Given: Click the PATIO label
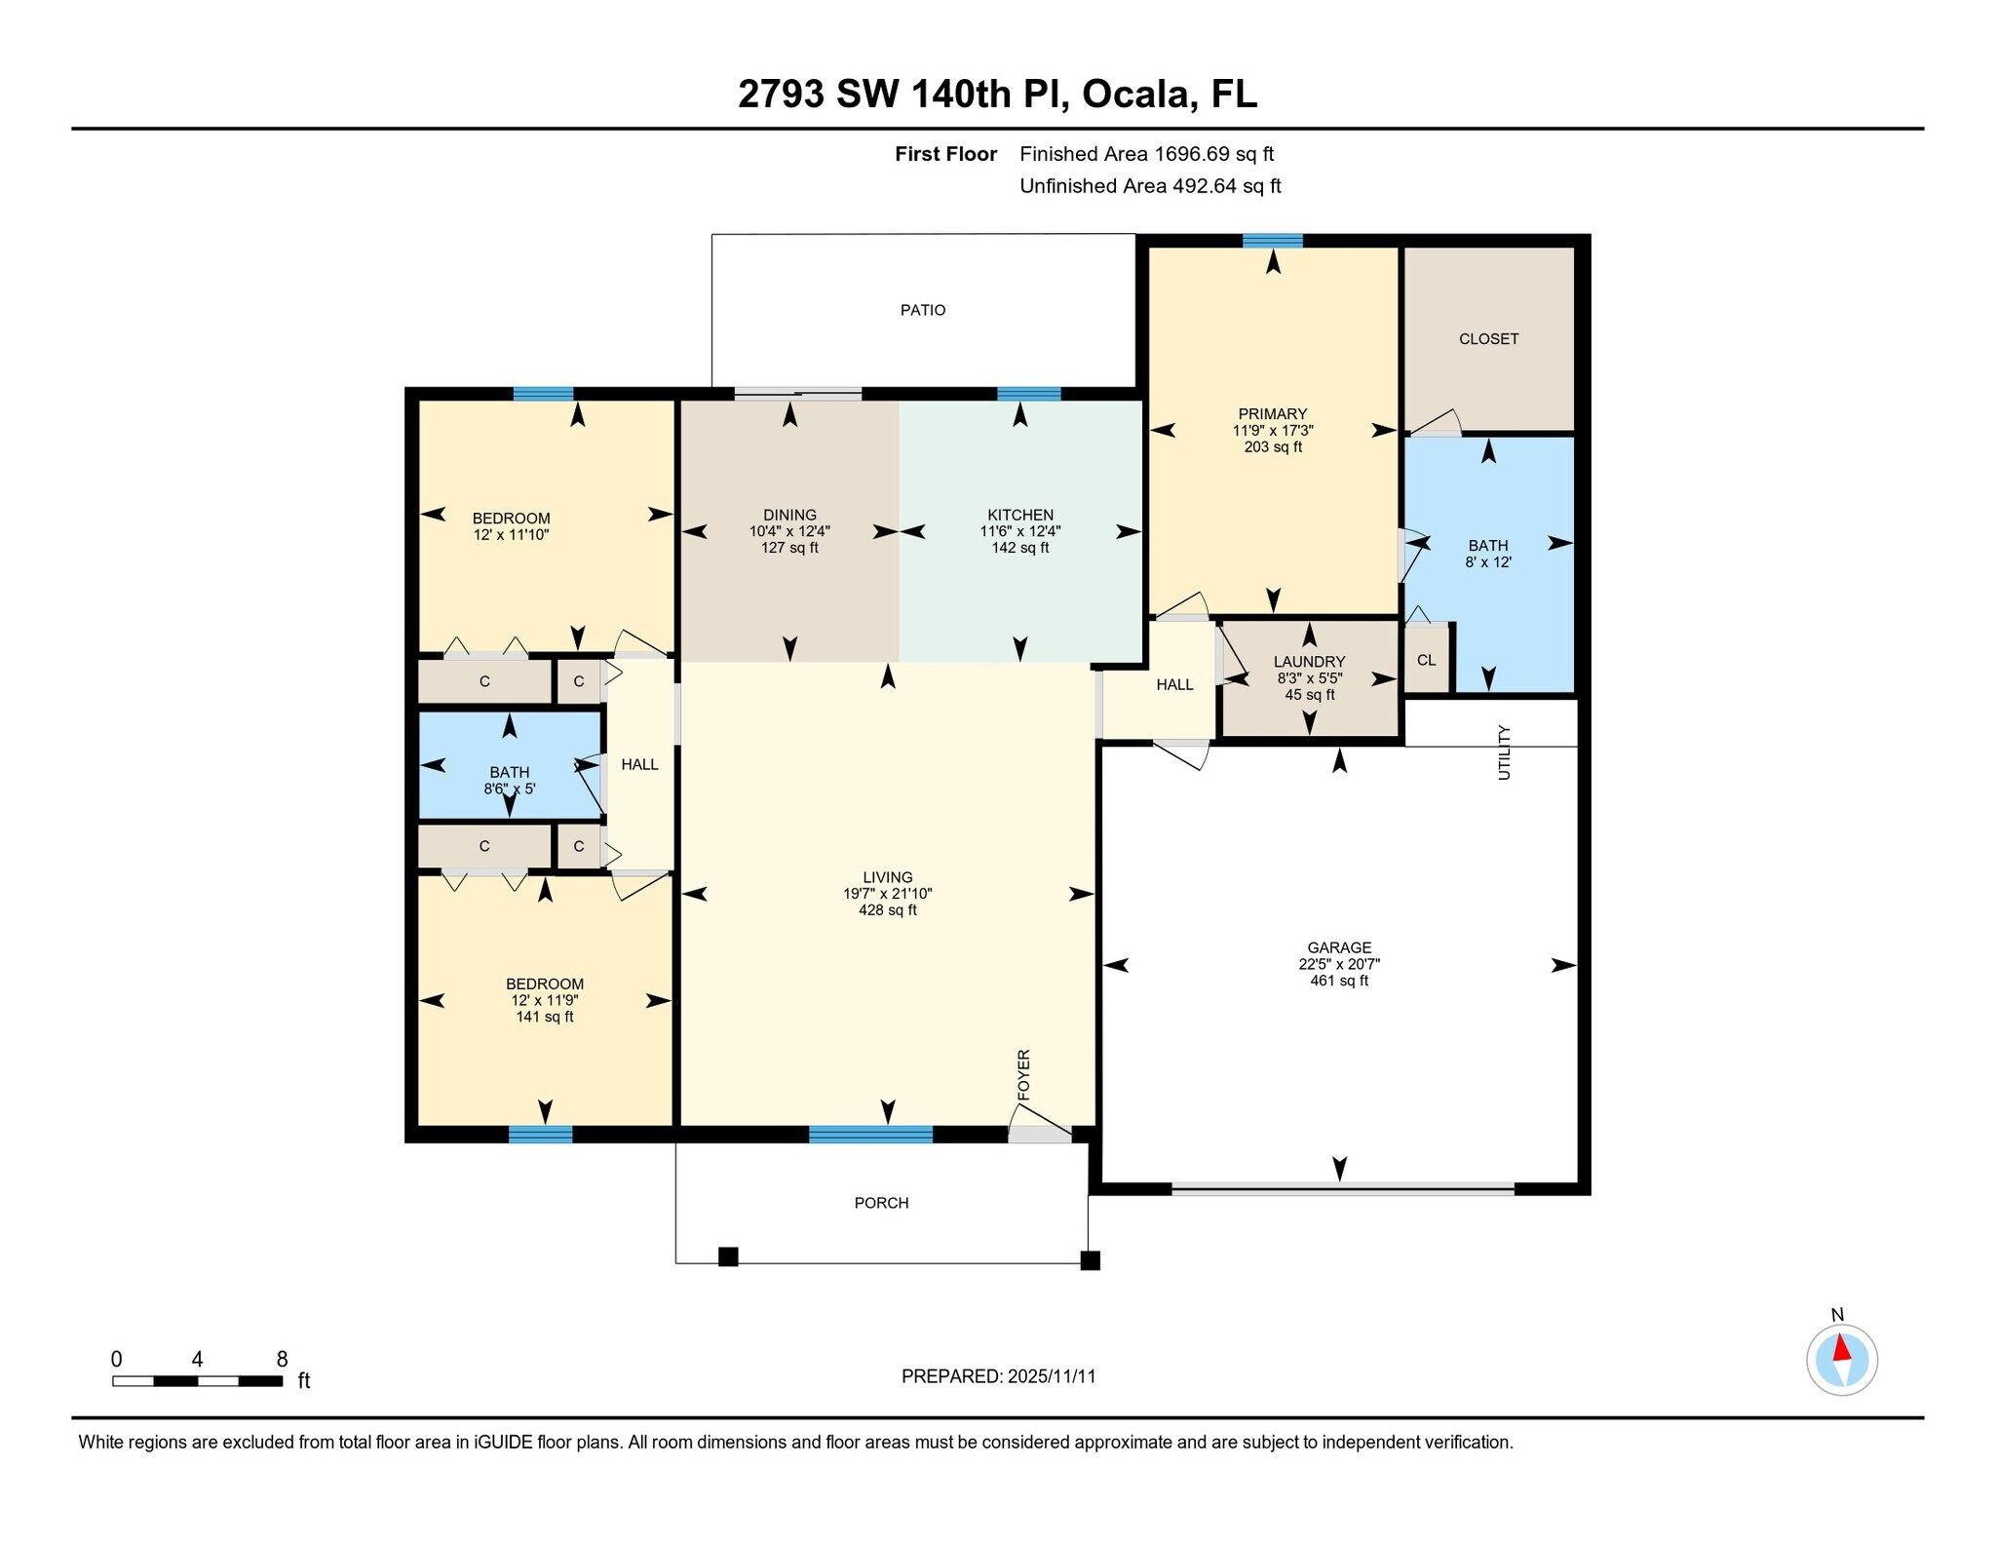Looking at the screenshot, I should tap(922, 310).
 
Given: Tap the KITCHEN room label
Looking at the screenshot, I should tap(1019, 515).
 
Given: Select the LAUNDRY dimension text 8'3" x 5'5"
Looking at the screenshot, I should tap(1309, 677).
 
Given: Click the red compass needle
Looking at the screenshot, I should tap(1842, 1349).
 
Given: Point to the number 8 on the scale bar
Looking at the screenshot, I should tap(282, 1359).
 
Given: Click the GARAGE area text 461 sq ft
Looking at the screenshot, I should tap(1338, 981).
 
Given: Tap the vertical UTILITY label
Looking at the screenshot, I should tap(1504, 752).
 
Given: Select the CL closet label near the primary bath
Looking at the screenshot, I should tap(1426, 660).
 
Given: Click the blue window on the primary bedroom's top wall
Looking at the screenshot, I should tap(1272, 241).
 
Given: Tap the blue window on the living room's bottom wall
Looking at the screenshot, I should tap(870, 1134).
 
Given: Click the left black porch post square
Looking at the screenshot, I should tap(728, 1256).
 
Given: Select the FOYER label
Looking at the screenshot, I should tap(1023, 1075).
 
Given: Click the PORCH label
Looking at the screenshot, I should tap(881, 1203).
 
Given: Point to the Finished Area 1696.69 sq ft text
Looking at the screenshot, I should tap(1146, 154).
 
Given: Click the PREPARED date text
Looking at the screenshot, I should tap(998, 1376).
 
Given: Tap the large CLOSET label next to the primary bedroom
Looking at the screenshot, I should tap(1488, 339).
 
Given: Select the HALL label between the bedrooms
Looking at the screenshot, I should tap(639, 764).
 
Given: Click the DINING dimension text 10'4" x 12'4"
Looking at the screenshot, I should tap(789, 531).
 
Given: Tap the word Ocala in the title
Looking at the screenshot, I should tap(1135, 95).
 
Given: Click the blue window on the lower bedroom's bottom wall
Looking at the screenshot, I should tap(540, 1134).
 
